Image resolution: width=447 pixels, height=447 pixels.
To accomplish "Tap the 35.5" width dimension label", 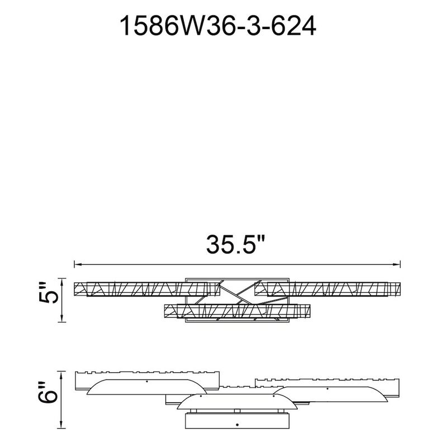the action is click(235, 244).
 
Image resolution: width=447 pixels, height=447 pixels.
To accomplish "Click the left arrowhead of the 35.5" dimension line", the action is click(78, 264).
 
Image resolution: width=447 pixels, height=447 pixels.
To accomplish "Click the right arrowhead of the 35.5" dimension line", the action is click(397, 264).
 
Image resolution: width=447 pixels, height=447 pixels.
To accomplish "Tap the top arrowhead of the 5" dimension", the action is click(61, 282).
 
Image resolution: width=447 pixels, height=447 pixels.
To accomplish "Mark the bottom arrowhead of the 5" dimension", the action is click(61, 318).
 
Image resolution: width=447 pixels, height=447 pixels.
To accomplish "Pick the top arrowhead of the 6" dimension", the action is click(61, 375).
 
